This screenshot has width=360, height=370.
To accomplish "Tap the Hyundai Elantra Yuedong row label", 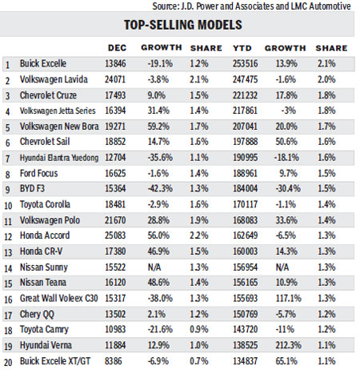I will point(62,155).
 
